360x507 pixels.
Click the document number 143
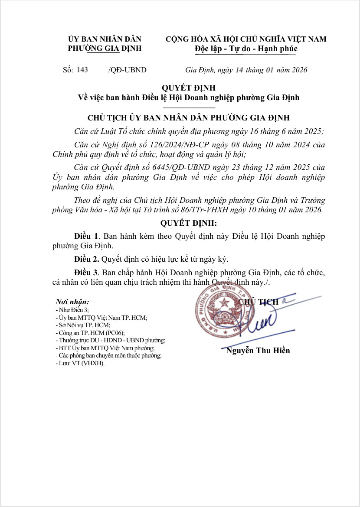click(82, 70)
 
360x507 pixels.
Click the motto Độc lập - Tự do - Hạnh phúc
click(246, 49)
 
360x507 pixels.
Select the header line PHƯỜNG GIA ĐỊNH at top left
click(105, 48)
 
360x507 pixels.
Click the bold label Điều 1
click(87, 236)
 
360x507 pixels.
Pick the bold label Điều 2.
click(87, 259)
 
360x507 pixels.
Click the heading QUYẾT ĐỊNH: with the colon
click(188, 224)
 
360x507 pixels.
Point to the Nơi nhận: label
click(72, 302)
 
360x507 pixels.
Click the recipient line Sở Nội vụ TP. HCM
click(83, 325)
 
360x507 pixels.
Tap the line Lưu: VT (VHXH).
click(80, 364)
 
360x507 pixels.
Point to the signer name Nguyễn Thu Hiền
click(258, 351)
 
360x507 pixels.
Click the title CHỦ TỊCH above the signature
click(259, 302)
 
